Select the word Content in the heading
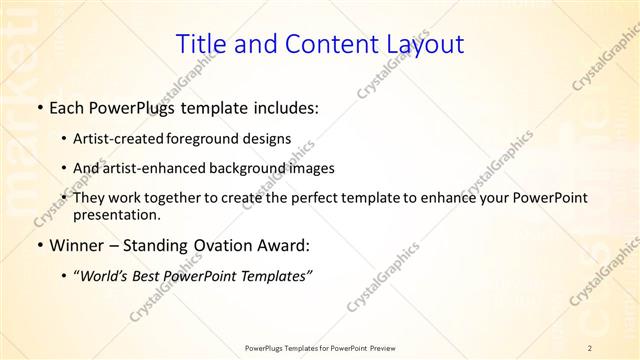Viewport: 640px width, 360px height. [x=318, y=44]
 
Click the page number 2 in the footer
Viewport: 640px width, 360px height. [x=590, y=348]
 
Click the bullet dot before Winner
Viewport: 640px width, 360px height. [x=39, y=245]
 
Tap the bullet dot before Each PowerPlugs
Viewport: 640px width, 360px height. [x=39, y=107]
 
